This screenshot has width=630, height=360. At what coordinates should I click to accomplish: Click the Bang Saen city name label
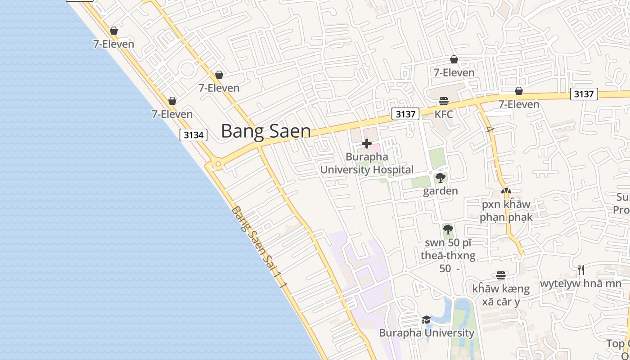[265, 131]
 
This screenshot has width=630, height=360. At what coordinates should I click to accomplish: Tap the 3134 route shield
[193, 135]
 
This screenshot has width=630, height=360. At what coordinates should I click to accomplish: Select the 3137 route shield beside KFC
[405, 114]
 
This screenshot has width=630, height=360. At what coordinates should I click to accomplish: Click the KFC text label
[444, 114]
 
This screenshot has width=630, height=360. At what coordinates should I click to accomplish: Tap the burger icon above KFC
[444, 101]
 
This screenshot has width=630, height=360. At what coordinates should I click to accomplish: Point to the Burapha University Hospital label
[367, 163]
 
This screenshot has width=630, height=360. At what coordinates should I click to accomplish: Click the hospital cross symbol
[367, 144]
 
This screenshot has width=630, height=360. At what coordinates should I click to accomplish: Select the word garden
[441, 191]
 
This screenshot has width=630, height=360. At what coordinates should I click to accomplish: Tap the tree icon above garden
[441, 178]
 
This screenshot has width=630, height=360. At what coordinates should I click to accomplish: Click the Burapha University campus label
[426, 333]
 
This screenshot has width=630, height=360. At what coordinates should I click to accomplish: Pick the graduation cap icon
[426, 319]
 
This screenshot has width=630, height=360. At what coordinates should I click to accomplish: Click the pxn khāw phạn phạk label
[506, 211]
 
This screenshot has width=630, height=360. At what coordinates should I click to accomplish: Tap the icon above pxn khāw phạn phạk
[506, 191]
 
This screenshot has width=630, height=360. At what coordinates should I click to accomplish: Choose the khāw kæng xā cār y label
[501, 295]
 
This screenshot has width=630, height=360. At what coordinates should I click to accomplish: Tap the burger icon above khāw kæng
[501, 275]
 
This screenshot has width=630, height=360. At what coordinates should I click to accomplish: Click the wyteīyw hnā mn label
[580, 283]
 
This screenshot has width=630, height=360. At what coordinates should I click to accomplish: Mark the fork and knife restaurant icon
[581, 270]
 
